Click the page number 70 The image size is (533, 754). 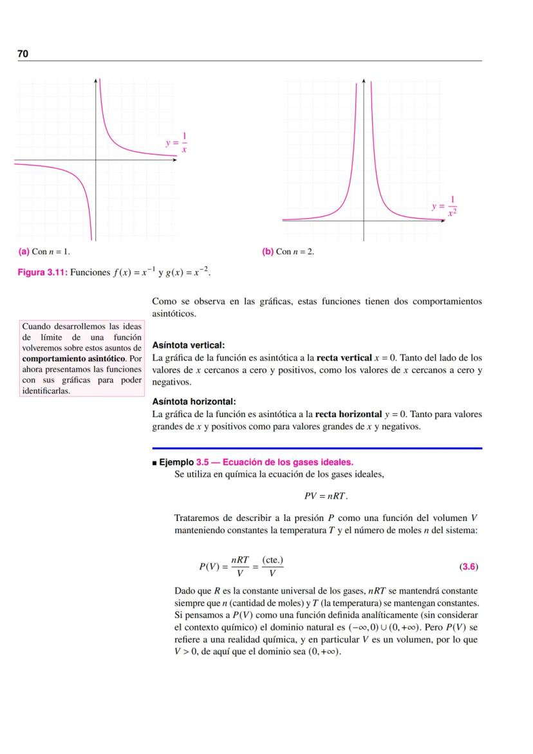(23, 54)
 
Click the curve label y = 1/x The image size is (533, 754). (176, 143)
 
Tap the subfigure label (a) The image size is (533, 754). (23, 251)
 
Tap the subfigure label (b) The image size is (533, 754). (268, 251)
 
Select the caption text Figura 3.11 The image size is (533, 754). (42, 272)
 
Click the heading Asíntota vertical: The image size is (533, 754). (188, 345)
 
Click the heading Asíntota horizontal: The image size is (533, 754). (194, 402)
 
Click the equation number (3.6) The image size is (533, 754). (469, 567)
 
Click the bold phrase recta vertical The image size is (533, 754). (343, 357)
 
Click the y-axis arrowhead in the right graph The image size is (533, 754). (364, 80)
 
